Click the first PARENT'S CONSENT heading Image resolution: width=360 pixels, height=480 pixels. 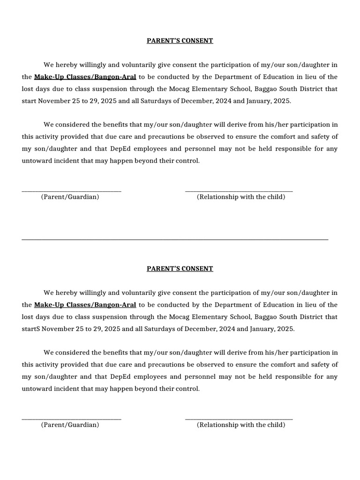pos(180,41)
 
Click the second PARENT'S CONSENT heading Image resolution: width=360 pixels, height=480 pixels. pos(180,269)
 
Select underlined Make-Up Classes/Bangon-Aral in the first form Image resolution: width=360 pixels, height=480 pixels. pos(85,77)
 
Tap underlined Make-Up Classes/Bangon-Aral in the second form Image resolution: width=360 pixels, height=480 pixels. pos(85,305)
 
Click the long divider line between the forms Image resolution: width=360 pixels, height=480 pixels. pos(175,240)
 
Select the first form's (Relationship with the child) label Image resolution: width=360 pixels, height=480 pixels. pos(241,197)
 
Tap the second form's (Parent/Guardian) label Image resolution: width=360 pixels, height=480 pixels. pos(70,425)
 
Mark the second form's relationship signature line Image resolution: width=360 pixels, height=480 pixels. pos(239,419)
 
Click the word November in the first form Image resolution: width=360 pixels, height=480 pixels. pos(55,101)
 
